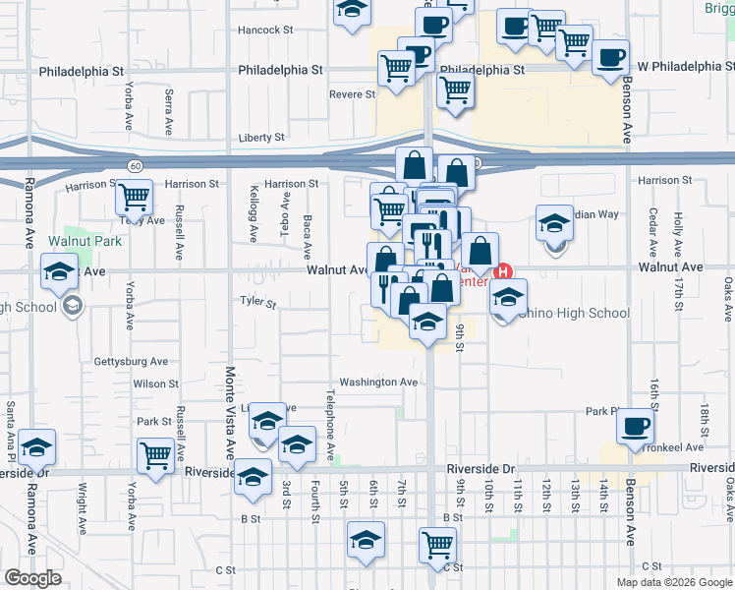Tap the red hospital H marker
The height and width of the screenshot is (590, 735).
pos(505,270)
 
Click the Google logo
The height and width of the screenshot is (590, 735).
pos(32,578)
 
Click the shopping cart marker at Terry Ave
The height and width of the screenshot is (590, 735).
pos(135,197)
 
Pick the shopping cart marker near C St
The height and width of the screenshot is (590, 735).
pos(438,544)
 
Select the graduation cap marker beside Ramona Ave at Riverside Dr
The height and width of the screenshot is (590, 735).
pos(37,447)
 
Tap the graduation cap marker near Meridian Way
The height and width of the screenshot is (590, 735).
pos(554,222)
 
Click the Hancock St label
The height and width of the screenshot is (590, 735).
pos(265,30)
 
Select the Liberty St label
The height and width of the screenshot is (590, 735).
pos(261,138)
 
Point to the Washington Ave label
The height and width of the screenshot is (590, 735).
pos(378,382)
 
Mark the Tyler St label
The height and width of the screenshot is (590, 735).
pos(257,302)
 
